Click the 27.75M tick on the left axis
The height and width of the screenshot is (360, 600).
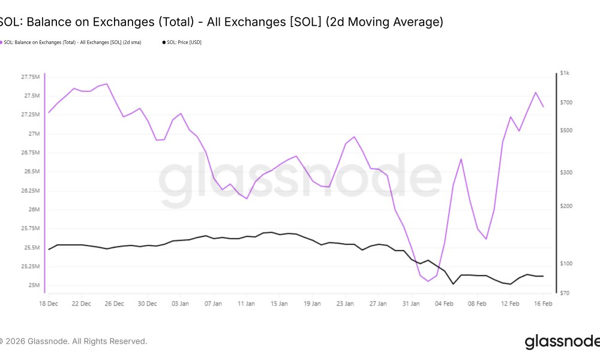29,77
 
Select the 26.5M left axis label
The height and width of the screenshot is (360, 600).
31,172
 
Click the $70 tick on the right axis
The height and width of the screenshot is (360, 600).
565,293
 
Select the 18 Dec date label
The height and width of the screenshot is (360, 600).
49,304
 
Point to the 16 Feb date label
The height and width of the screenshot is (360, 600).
543,304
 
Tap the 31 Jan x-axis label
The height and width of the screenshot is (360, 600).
412,304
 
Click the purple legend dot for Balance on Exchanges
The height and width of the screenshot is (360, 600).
1,42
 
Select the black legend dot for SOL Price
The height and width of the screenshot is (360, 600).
163,42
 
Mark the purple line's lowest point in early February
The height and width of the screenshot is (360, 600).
428,281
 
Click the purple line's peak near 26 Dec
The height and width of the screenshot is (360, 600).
107,84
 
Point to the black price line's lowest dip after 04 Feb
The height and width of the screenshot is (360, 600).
453,283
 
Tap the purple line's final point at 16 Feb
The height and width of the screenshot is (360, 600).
543,107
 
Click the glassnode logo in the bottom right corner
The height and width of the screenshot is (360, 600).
562,341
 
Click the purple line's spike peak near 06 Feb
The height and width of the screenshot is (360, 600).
461,159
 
